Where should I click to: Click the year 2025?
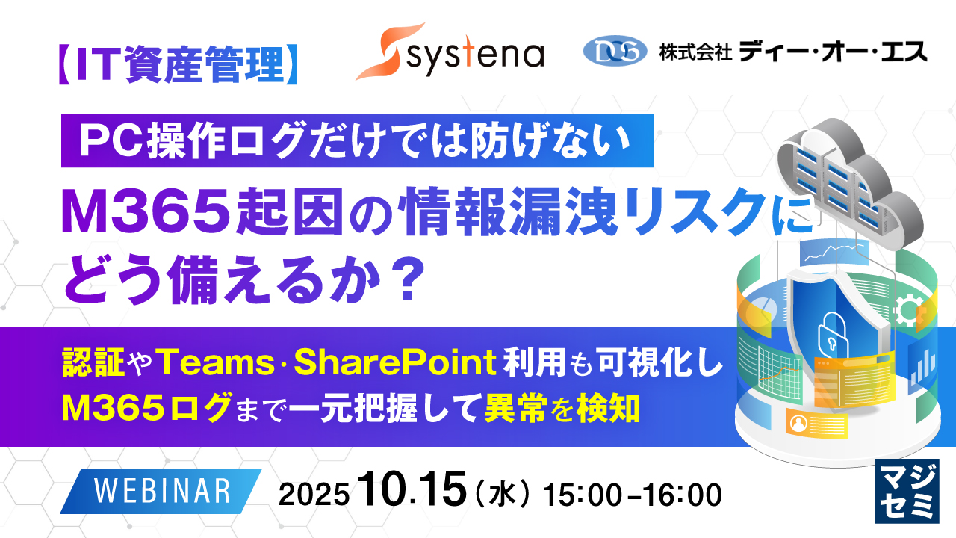(x=314, y=495)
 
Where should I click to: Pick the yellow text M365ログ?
(x=146, y=407)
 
